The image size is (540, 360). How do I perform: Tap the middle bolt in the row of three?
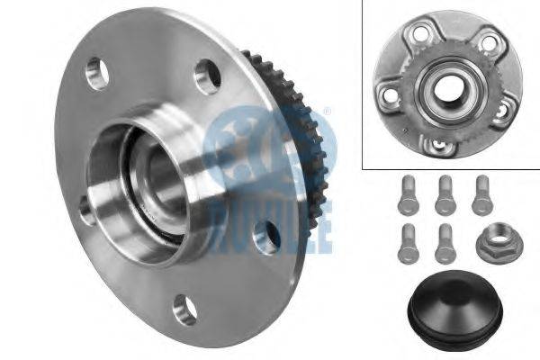(445, 195)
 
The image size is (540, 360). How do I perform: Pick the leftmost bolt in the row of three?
(408, 195)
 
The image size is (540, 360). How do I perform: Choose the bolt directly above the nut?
(482, 195)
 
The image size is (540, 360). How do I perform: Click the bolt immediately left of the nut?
(445, 244)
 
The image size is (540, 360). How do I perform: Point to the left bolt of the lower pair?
(408, 244)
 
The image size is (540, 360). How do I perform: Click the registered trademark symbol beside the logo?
(328, 112)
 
